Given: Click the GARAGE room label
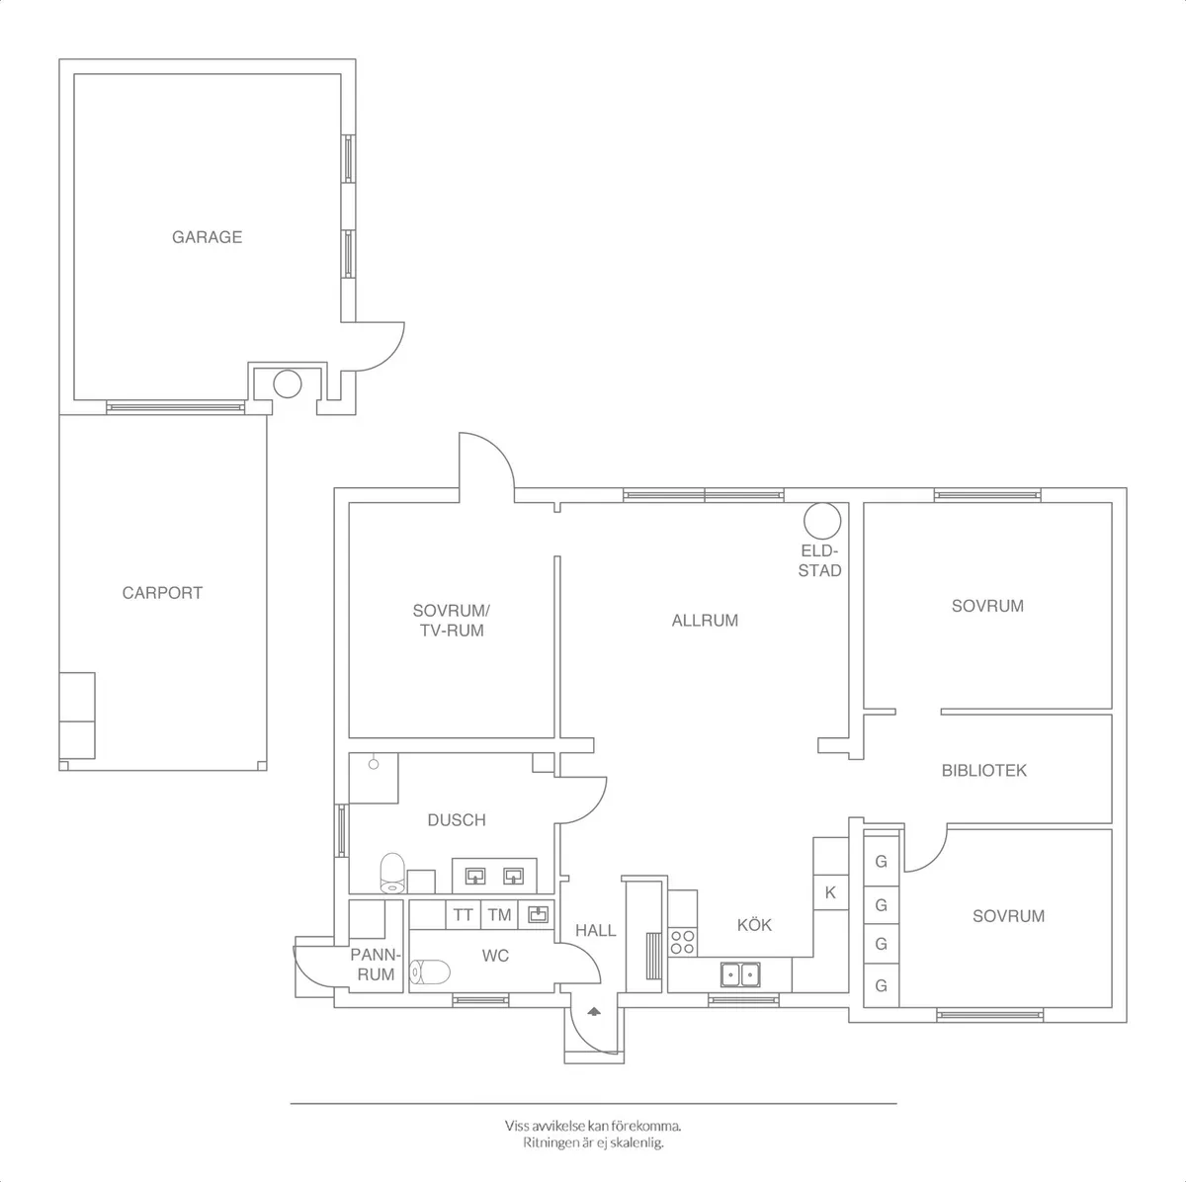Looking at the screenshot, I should (x=207, y=237).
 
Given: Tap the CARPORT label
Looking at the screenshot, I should (x=162, y=593).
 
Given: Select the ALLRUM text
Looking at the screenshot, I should (x=705, y=621).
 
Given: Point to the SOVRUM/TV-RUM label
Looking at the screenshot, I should (x=451, y=620).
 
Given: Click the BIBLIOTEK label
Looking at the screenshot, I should (x=983, y=770).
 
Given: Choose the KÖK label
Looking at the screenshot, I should (x=754, y=925).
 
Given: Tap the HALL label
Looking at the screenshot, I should (x=595, y=930).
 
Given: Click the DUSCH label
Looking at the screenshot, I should (x=456, y=819).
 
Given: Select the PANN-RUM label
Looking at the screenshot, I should (x=376, y=965).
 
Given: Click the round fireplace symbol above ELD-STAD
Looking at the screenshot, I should (x=821, y=520).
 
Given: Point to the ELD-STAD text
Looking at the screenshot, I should (x=820, y=560).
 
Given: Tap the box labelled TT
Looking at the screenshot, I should (x=463, y=915).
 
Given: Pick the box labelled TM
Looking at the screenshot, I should (x=499, y=915).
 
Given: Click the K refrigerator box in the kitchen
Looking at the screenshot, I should (x=830, y=892).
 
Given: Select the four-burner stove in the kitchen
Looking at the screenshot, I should (x=682, y=941).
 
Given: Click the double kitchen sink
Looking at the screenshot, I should (x=740, y=974).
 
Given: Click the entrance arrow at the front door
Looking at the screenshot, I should (x=594, y=1011).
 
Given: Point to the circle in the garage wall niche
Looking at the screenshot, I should (x=287, y=382).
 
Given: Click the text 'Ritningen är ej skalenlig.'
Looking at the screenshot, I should (x=593, y=1142).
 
